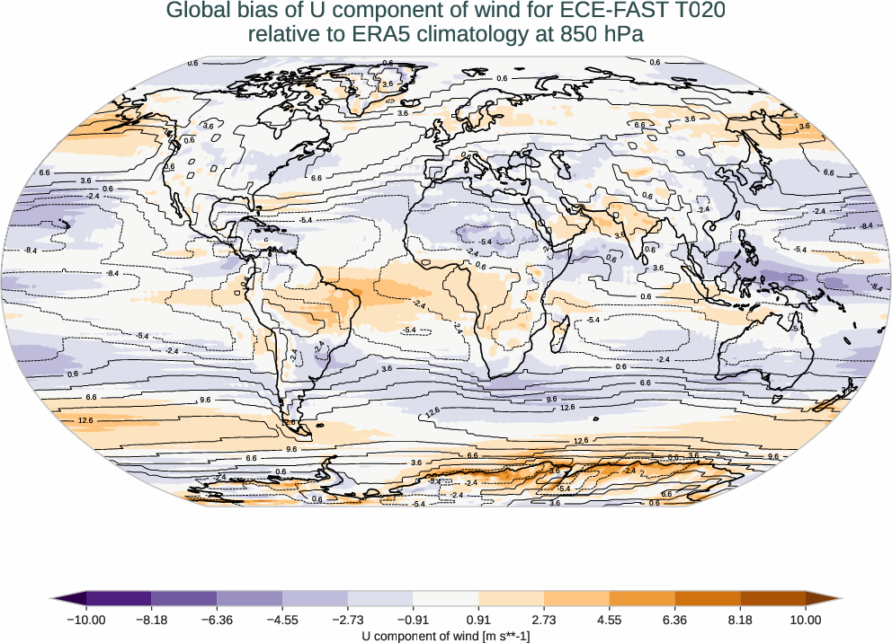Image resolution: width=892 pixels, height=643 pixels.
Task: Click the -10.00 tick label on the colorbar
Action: pyautogui.click(x=86, y=620)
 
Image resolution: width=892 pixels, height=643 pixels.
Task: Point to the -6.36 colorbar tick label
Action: pyautogui.click(x=217, y=620)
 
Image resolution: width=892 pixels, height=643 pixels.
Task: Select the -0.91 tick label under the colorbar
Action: pyautogui.click(x=413, y=620)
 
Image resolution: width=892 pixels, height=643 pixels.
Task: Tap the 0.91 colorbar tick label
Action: pyautogui.click(x=478, y=620)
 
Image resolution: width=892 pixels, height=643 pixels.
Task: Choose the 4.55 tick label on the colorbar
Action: pyautogui.click(x=609, y=620)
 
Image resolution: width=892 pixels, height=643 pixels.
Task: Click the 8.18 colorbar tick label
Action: pyautogui.click(x=740, y=620)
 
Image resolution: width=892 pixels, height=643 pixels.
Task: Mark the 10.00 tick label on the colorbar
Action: pyautogui.click(x=806, y=620)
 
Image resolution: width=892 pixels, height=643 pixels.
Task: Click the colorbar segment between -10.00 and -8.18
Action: pyautogui.click(x=119, y=598)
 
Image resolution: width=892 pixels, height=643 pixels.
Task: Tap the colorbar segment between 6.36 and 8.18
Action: pyautogui.click(x=707, y=598)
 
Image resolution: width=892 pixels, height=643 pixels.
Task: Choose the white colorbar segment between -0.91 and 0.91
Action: pyautogui.click(x=446, y=598)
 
